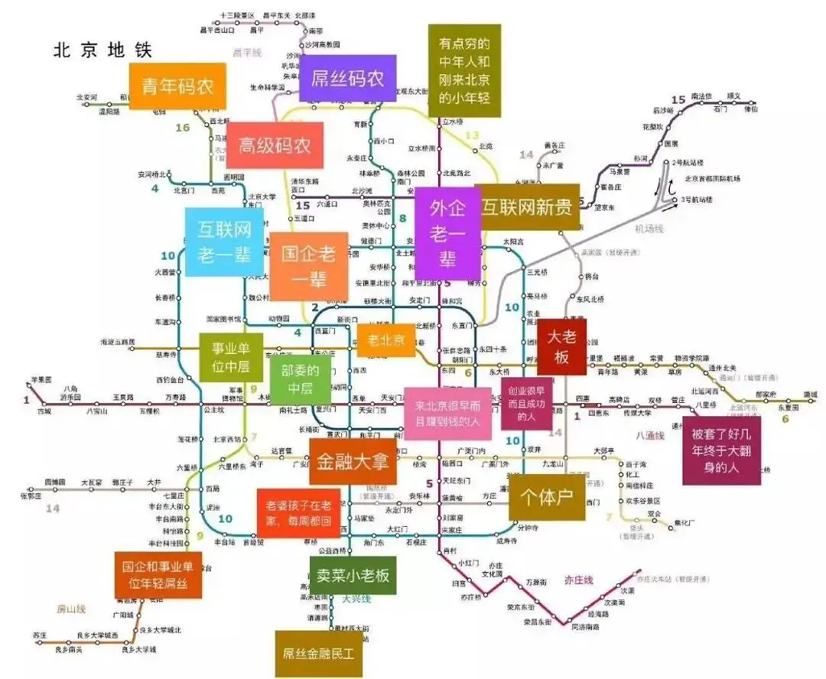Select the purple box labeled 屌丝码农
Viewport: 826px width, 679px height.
pos(347,78)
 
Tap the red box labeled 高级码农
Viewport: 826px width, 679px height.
pos(275,145)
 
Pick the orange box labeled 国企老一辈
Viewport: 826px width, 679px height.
pos(309,265)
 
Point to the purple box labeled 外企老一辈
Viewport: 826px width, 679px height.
pos(447,234)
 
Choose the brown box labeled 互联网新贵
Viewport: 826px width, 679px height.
pos(527,206)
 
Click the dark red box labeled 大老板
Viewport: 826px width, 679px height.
pos(561,346)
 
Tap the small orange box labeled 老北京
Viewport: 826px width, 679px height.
pos(385,339)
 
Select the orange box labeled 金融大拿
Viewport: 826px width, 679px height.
pos(353,461)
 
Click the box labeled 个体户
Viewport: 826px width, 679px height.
pos(547,498)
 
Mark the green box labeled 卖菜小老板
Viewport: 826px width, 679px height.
pos(353,575)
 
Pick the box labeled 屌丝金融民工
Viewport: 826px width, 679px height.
pos(318,654)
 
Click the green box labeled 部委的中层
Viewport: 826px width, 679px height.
pos(301,379)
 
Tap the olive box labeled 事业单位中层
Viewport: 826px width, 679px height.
pos(231,357)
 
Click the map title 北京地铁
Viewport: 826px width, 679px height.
pos(102,50)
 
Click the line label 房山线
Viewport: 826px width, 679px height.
pos(71,609)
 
